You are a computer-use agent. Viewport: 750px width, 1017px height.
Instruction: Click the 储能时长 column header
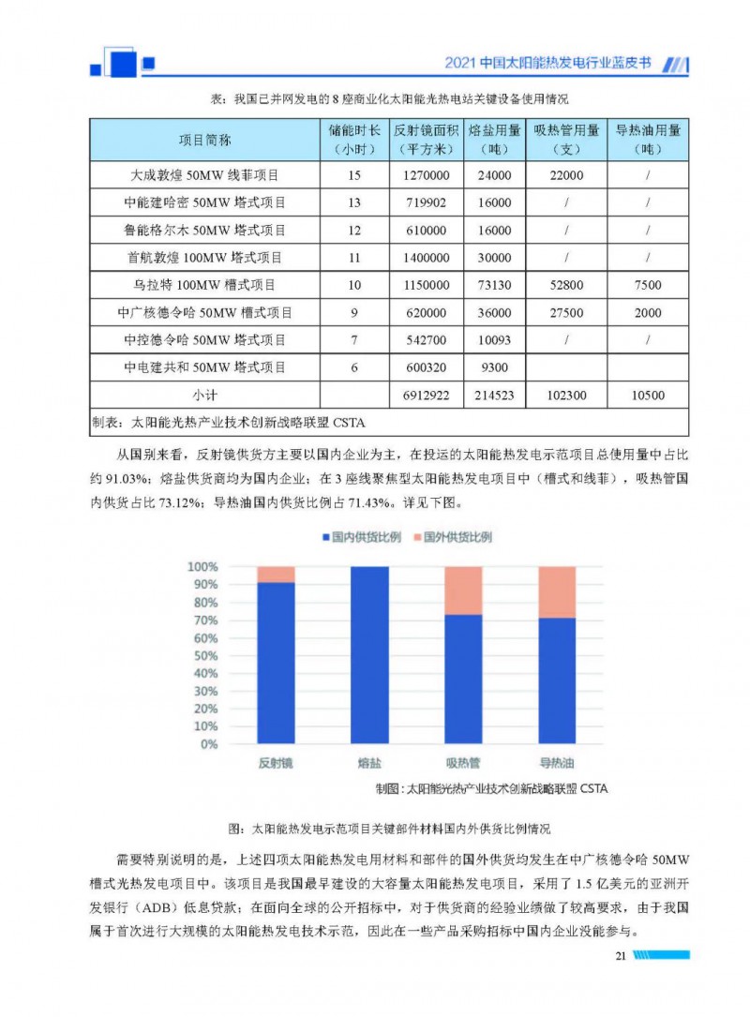click(354, 140)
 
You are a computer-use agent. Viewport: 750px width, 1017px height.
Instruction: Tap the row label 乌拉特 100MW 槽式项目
click(204, 285)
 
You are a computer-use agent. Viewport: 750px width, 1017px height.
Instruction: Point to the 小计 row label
click(204, 396)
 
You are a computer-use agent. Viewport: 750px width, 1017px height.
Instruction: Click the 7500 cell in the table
click(648, 285)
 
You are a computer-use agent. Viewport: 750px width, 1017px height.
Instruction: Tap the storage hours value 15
click(353, 175)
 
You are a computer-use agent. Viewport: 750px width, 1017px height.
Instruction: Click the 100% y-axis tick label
click(202, 567)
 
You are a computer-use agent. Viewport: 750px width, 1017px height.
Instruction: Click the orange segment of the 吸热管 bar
click(463, 590)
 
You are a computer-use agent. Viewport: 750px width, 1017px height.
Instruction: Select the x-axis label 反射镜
click(276, 763)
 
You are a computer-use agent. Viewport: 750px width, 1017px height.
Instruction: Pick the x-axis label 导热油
click(557, 763)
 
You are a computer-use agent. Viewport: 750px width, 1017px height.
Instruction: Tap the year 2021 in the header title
click(458, 65)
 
